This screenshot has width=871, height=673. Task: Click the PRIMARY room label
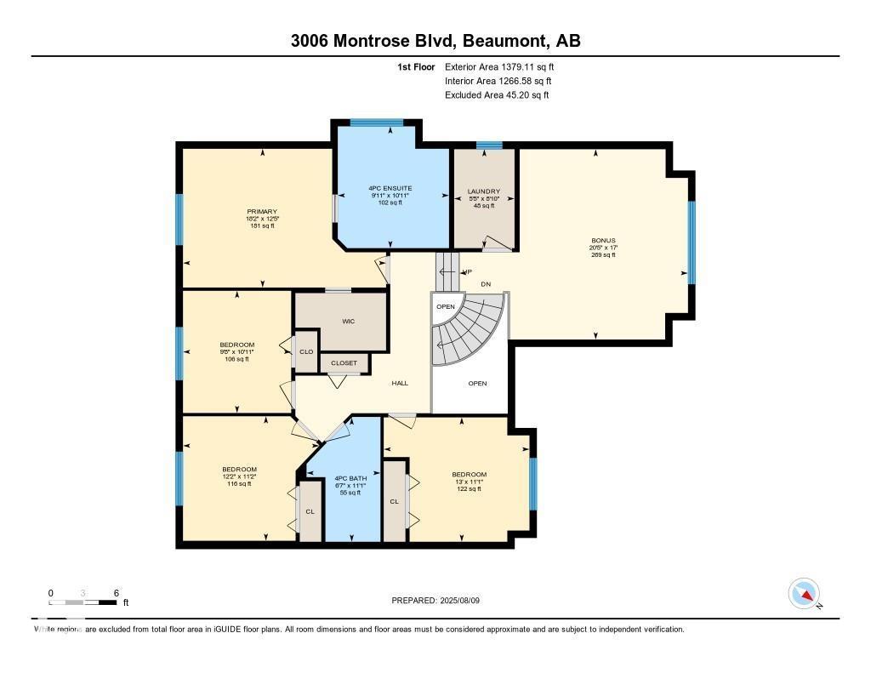pos(262,212)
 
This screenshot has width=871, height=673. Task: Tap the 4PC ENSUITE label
pos(390,188)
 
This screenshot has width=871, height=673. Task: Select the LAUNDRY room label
pos(484,191)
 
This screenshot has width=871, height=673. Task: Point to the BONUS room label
pos(603,241)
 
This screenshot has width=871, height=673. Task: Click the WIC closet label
pos(348,321)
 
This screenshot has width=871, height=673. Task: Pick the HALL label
pos(400,383)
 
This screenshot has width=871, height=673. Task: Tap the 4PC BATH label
pos(350,478)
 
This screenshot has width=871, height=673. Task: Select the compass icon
pos(804,594)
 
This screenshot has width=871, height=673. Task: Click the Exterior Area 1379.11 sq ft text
pos(499,66)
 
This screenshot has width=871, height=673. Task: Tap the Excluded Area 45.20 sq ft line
pos(497,95)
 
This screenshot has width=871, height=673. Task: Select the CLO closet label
pos(306,351)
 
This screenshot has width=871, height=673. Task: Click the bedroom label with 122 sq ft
pos(469,475)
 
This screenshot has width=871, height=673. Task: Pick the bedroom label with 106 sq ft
pos(236,345)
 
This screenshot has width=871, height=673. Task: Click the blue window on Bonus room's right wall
pos(692,242)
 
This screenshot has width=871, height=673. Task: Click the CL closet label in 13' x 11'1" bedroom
pos(394,502)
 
